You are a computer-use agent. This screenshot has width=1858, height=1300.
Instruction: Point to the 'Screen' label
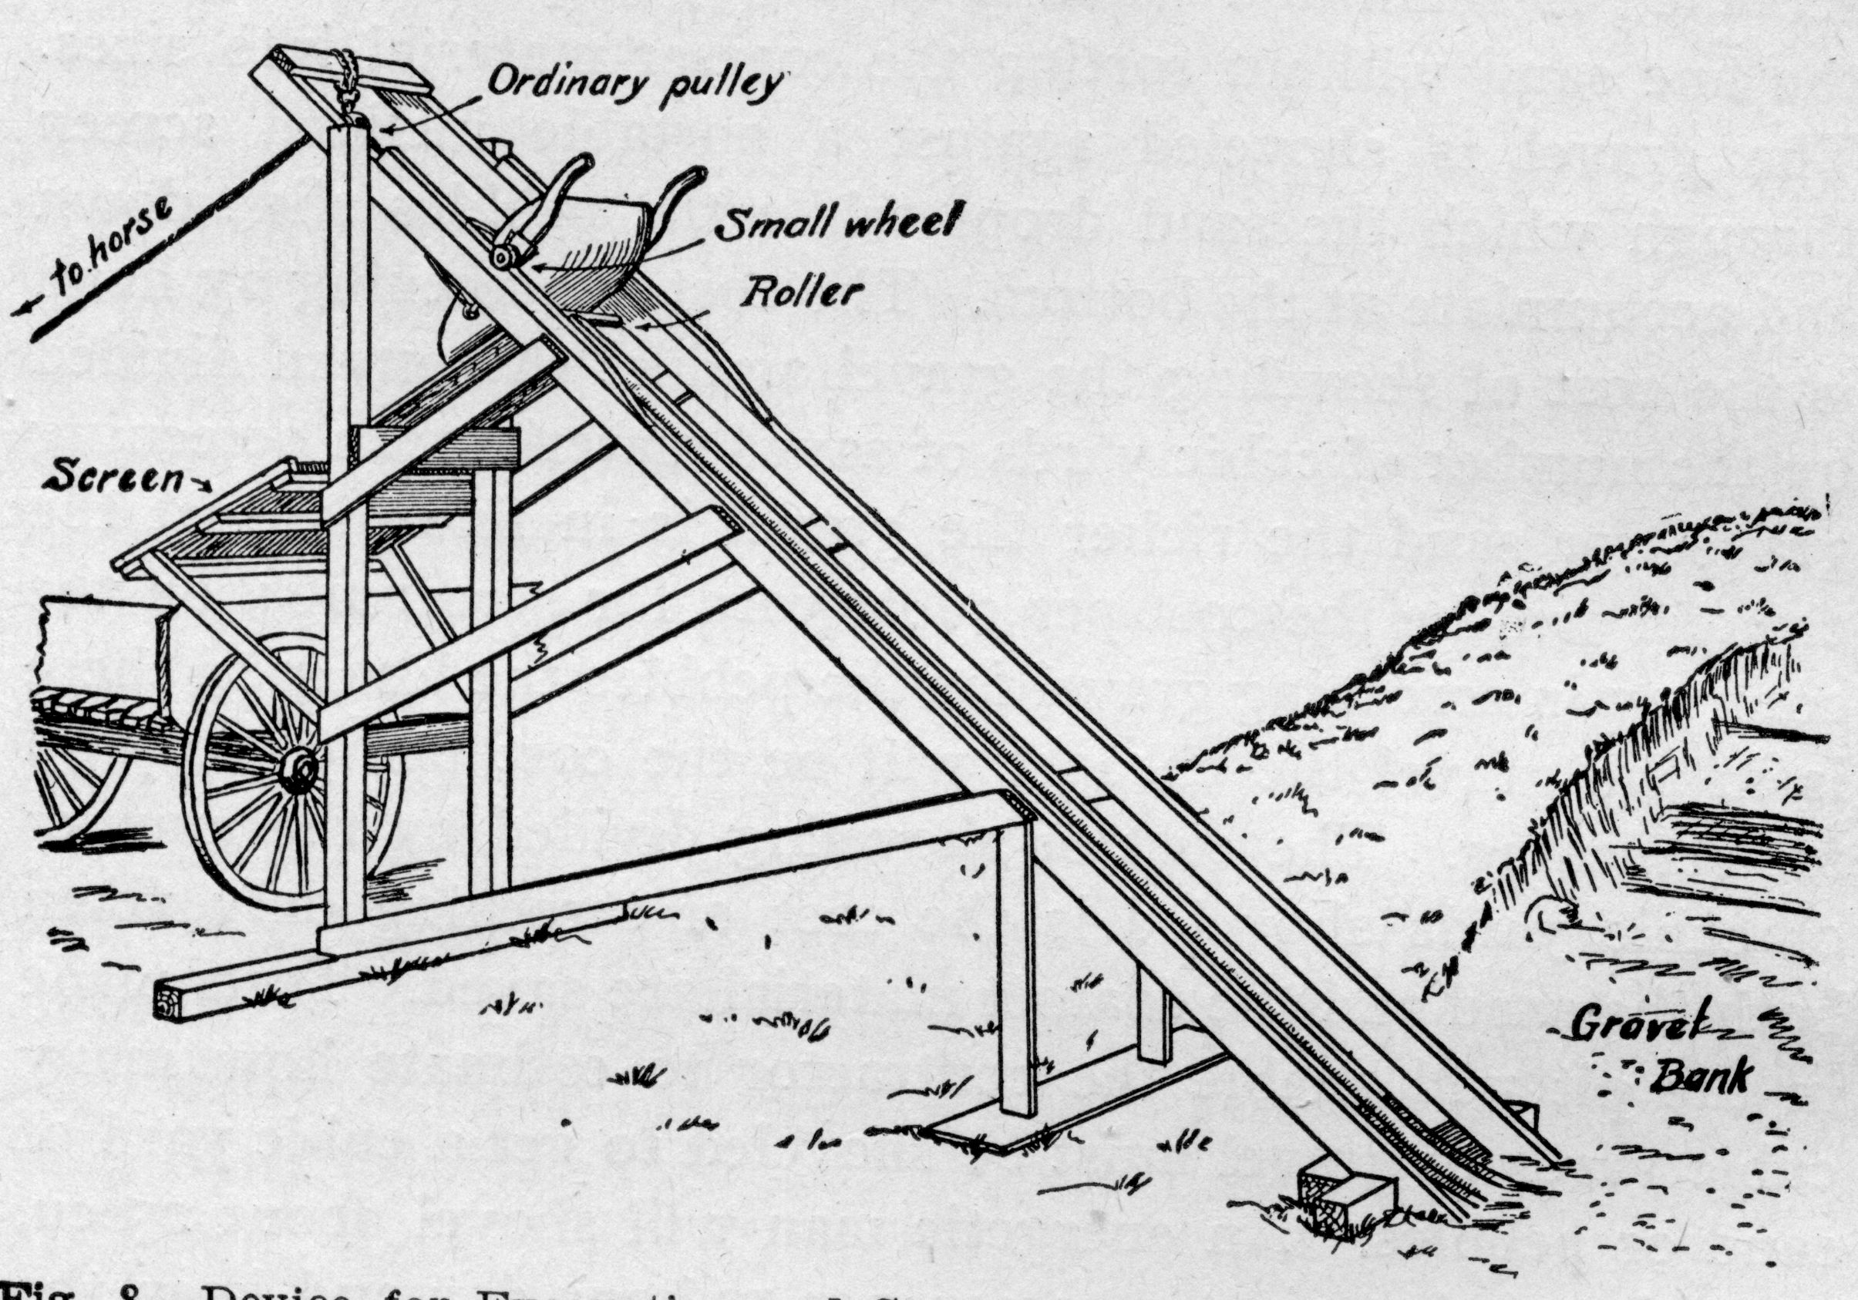point(113,478)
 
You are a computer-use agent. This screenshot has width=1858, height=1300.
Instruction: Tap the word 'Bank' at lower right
point(1699,1076)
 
